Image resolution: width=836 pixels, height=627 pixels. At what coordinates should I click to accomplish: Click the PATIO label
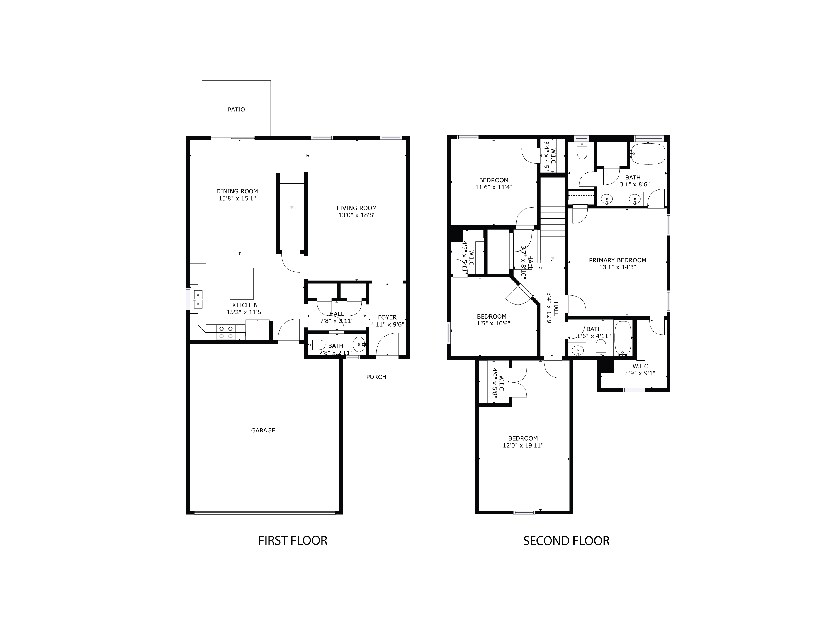click(x=236, y=110)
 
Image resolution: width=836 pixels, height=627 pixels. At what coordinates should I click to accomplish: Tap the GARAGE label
click(x=263, y=431)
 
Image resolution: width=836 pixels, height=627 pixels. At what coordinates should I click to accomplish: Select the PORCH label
click(x=376, y=377)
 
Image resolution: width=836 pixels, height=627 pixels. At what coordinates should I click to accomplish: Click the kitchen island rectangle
click(x=242, y=283)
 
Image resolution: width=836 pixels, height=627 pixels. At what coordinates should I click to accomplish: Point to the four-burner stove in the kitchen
click(x=226, y=332)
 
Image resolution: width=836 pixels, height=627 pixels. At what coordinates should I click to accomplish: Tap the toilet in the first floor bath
click(x=317, y=345)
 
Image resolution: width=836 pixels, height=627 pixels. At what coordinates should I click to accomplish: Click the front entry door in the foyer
click(x=387, y=345)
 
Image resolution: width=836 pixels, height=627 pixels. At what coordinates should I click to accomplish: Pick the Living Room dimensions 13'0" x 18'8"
click(x=357, y=215)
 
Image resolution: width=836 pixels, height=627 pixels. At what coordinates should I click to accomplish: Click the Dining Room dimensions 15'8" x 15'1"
click(x=237, y=198)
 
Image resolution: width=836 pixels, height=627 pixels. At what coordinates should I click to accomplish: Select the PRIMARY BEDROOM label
click(x=618, y=260)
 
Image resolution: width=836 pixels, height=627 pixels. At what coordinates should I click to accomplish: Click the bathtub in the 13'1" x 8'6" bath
click(x=648, y=154)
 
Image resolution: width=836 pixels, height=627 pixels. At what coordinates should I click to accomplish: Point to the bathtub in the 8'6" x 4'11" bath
click(x=623, y=338)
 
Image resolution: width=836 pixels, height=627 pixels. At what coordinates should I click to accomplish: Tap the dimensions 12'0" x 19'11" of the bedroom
click(x=523, y=445)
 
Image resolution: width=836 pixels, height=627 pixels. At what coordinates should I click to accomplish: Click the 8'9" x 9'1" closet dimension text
click(x=640, y=373)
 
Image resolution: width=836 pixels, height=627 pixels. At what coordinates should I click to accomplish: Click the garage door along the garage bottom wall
click(x=264, y=512)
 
